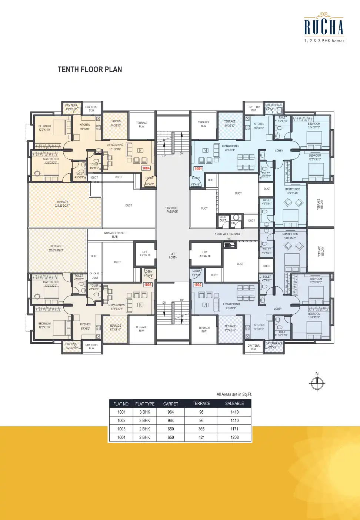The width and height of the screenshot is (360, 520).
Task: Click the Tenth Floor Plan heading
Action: [90, 70]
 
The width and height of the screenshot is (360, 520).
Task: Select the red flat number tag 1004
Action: [146, 168]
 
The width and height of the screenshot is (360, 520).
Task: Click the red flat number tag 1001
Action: [198, 169]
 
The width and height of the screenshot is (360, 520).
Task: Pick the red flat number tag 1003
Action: [148, 285]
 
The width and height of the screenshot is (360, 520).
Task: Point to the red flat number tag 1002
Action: [198, 285]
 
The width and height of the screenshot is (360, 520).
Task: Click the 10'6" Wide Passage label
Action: [172, 210]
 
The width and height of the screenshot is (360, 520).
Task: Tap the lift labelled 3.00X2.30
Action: [205, 254]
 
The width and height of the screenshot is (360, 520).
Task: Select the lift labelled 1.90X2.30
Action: [145, 254]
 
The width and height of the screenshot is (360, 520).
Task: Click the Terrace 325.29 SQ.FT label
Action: [62, 204]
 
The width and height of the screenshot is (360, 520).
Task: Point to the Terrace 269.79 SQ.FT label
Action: [56, 248]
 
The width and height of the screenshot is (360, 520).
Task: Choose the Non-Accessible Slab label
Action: [114, 235]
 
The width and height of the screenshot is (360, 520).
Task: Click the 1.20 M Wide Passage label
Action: [227, 234]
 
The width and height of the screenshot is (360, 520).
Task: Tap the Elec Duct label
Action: [223, 219]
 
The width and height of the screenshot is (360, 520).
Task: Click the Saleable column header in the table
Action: [234, 403]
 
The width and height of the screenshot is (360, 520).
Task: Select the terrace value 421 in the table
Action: [201, 437]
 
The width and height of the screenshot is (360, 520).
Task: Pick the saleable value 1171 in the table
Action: [234, 429]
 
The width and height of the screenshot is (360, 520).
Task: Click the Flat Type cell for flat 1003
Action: [145, 429]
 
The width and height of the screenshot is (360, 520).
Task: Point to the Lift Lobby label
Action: [173, 256]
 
